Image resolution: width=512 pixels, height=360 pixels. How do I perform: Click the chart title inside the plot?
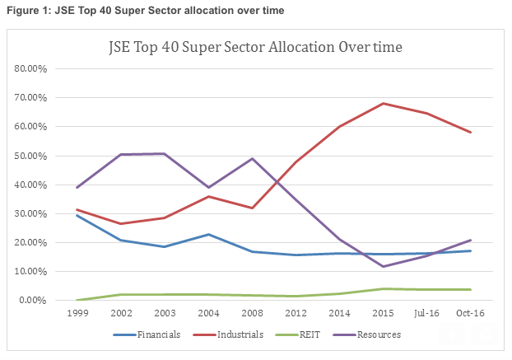(x=256, y=47)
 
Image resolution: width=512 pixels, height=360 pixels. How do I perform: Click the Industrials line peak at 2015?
(x=383, y=104)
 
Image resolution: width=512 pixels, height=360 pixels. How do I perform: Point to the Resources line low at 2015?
(x=383, y=266)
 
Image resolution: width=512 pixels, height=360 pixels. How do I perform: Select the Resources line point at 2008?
(x=252, y=158)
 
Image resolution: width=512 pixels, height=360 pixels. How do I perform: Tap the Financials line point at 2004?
(x=208, y=234)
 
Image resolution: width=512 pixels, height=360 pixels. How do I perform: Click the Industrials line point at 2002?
(x=121, y=223)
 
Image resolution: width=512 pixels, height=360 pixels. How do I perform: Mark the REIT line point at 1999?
(x=77, y=300)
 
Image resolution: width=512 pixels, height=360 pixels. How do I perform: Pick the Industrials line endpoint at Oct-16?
(x=470, y=133)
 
